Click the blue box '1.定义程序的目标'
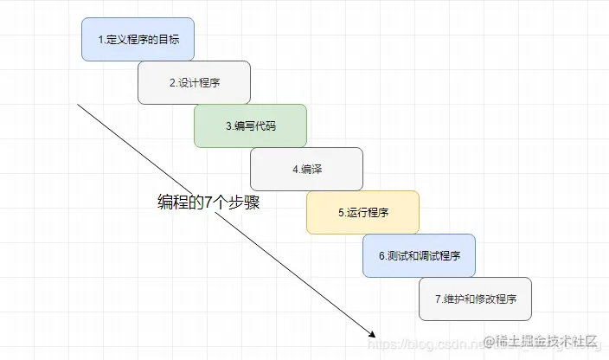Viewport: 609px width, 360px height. point(138,40)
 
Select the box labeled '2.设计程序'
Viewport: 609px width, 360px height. point(194,83)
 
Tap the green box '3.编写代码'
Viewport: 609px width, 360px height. point(250,125)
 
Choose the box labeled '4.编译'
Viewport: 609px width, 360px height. point(306,169)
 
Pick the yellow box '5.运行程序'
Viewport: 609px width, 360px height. point(362,212)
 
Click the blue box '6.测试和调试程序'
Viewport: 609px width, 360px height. point(419,255)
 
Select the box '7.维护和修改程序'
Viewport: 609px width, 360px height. point(475,299)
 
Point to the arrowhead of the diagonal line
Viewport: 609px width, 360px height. point(375,334)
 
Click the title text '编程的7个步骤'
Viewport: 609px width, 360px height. point(208,203)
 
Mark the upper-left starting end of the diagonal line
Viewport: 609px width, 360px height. point(79,105)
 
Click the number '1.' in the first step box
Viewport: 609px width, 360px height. point(102,40)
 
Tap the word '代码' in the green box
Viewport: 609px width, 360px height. point(264,126)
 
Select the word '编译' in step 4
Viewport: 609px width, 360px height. point(311,169)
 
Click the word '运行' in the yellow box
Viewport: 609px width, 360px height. point(356,212)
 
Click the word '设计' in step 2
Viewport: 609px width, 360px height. point(187,83)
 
